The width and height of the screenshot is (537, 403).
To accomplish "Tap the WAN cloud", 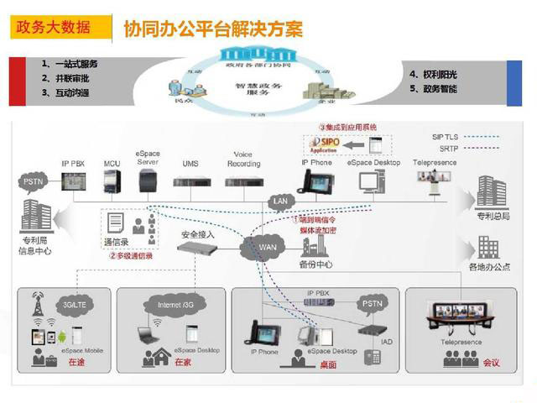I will click(x=267, y=247).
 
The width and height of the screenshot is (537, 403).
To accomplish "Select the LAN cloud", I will click(x=280, y=201).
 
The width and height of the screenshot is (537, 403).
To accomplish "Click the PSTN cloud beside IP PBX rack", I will click(x=34, y=181).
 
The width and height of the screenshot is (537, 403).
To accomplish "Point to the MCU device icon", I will click(x=112, y=181).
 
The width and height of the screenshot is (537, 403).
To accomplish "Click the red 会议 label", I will click(x=492, y=363).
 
